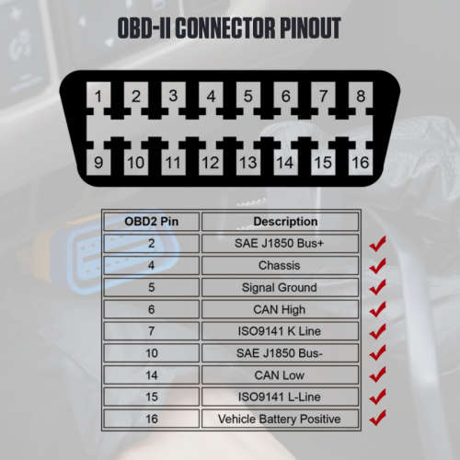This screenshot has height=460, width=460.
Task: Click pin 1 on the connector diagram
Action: tap(98, 96)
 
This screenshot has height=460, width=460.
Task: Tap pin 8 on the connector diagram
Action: tap(361, 96)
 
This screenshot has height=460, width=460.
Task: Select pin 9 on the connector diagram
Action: tap(98, 162)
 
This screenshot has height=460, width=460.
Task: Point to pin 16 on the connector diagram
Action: tap(361, 162)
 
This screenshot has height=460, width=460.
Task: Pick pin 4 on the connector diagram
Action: tap(211, 96)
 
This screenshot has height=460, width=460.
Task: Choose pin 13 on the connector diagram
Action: tap(248, 162)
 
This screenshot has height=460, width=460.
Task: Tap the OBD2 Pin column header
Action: tap(152, 222)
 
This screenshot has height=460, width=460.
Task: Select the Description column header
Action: tap(280, 222)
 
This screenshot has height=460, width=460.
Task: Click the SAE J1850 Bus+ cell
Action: tap(280, 244)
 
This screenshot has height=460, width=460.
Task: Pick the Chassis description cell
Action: tap(280, 265)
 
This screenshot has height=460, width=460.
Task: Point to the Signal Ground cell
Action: tap(280, 287)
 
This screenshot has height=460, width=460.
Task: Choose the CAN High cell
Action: tap(280, 309)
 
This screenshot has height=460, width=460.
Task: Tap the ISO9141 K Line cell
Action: tap(280, 331)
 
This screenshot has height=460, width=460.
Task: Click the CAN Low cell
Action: tap(280, 374)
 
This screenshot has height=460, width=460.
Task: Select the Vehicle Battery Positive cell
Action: tap(280, 419)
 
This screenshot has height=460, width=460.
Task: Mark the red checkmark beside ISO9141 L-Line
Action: tap(378, 397)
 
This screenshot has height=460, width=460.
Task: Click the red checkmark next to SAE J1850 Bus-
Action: tap(378, 352)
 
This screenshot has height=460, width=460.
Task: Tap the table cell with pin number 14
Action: tap(152, 374)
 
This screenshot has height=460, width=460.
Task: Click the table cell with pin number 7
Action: tap(152, 331)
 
